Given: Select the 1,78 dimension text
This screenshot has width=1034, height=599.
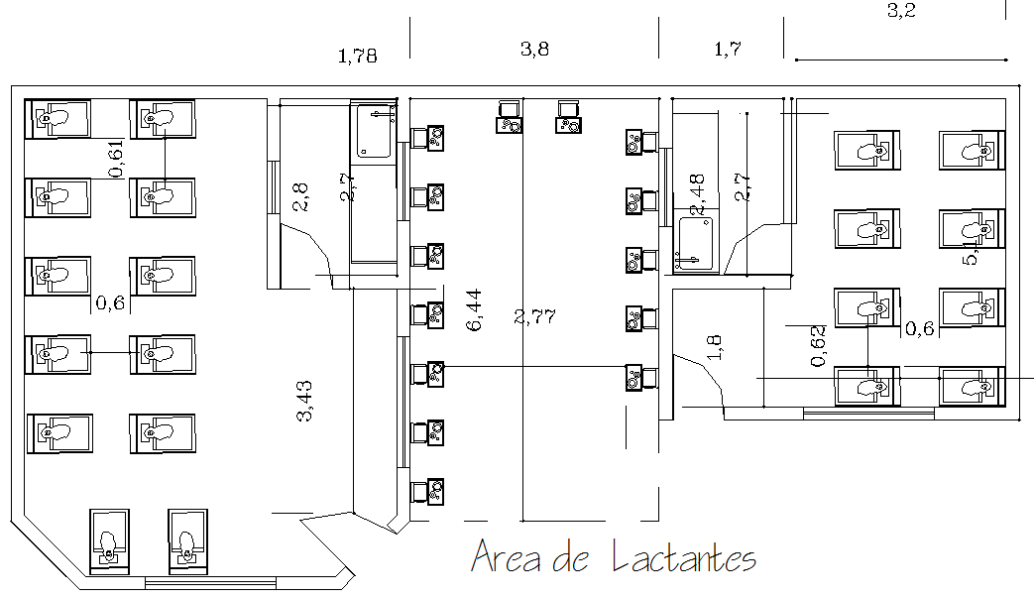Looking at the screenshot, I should (x=358, y=57).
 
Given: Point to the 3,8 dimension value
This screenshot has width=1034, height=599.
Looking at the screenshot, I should (x=534, y=50).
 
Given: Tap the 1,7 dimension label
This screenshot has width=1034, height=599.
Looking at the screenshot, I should (x=727, y=50).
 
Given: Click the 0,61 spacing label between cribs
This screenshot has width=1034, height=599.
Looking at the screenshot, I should (x=116, y=160).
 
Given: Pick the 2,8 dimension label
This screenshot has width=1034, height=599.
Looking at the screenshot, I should (x=300, y=195).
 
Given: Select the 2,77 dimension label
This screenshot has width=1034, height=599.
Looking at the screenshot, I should (x=535, y=317).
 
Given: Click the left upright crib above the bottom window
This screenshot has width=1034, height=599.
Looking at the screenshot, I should (x=109, y=540).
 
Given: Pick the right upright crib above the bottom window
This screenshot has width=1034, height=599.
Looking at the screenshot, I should (x=187, y=540).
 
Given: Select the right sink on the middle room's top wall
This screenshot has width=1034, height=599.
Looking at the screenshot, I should (x=569, y=117).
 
